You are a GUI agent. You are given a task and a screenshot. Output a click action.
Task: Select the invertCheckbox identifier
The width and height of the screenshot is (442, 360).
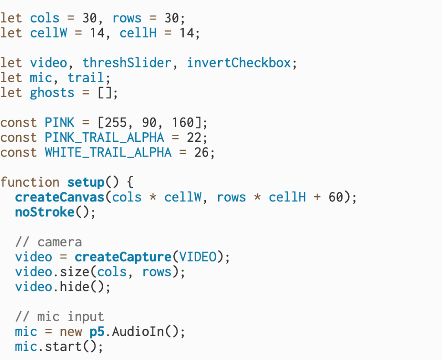(239, 63)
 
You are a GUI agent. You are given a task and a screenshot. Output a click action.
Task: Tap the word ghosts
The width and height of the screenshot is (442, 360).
(52, 93)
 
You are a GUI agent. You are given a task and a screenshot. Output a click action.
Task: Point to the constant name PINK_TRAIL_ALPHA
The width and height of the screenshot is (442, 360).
(104, 138)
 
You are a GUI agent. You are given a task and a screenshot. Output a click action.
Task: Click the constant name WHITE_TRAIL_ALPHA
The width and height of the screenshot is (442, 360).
(108, 153)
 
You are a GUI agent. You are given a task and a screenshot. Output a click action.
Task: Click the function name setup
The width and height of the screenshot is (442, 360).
(86, 182)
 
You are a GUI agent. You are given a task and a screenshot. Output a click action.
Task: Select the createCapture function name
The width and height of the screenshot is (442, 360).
(123, 257)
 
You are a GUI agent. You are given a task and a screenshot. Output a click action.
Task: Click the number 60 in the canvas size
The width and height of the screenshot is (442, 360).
(336, 198)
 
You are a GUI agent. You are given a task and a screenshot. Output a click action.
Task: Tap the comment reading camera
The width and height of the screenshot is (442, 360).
(60, 242)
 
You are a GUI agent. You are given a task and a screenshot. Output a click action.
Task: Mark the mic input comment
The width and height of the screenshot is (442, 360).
(60, 317)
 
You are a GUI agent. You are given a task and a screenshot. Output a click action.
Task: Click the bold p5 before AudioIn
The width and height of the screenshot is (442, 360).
(97, 332)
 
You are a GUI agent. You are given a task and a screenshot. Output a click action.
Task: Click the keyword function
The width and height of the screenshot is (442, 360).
(30, 182)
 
